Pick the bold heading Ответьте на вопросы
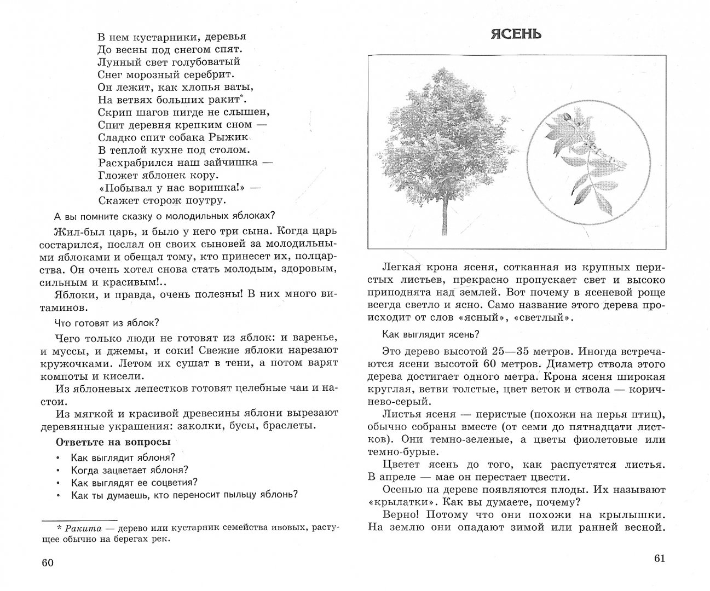pos(113,442)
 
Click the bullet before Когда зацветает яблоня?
pos(58,470)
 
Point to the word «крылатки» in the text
pos(392,502)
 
